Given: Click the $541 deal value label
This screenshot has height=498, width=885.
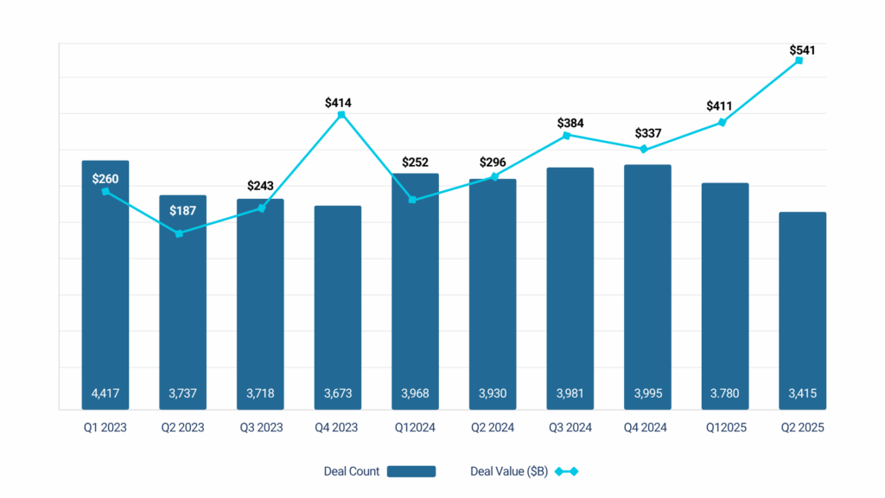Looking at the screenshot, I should click(802, 50).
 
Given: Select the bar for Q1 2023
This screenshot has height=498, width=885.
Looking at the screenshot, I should click(105, 285).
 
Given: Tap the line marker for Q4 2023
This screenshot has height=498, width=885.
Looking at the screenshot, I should click(341, 114).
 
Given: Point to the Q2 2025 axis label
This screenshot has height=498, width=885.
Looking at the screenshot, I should click(802, 428).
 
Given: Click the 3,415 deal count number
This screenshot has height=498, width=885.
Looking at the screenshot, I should click(802, 394).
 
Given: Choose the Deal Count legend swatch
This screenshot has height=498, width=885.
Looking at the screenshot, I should click(411, 471).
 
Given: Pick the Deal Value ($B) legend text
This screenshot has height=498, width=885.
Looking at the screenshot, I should click(508, 471).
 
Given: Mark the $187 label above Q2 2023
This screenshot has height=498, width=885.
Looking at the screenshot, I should click(182, 211).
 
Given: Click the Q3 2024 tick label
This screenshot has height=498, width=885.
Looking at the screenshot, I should click(570, 428).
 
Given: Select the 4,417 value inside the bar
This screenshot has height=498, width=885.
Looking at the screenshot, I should click(105, 394).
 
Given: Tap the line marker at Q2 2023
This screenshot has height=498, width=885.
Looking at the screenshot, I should click(179, 233).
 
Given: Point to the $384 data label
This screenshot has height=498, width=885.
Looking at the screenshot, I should click(570, 124).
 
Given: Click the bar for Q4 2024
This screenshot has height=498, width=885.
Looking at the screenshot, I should click(647, 285).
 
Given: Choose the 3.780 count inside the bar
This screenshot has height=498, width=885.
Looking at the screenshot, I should click(725, 394).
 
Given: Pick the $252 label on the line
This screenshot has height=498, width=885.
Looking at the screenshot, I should click(416, 163).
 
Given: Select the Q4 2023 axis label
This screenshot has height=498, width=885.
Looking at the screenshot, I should click(338, 428).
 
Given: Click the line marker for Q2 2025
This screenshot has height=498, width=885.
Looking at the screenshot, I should click(799, 61).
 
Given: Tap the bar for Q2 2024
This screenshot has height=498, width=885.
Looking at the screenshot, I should click(493, 294).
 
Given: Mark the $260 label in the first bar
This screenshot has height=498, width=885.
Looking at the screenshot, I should click(105, 179).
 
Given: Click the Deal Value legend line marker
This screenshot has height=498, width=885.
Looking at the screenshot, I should click(566, 471).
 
